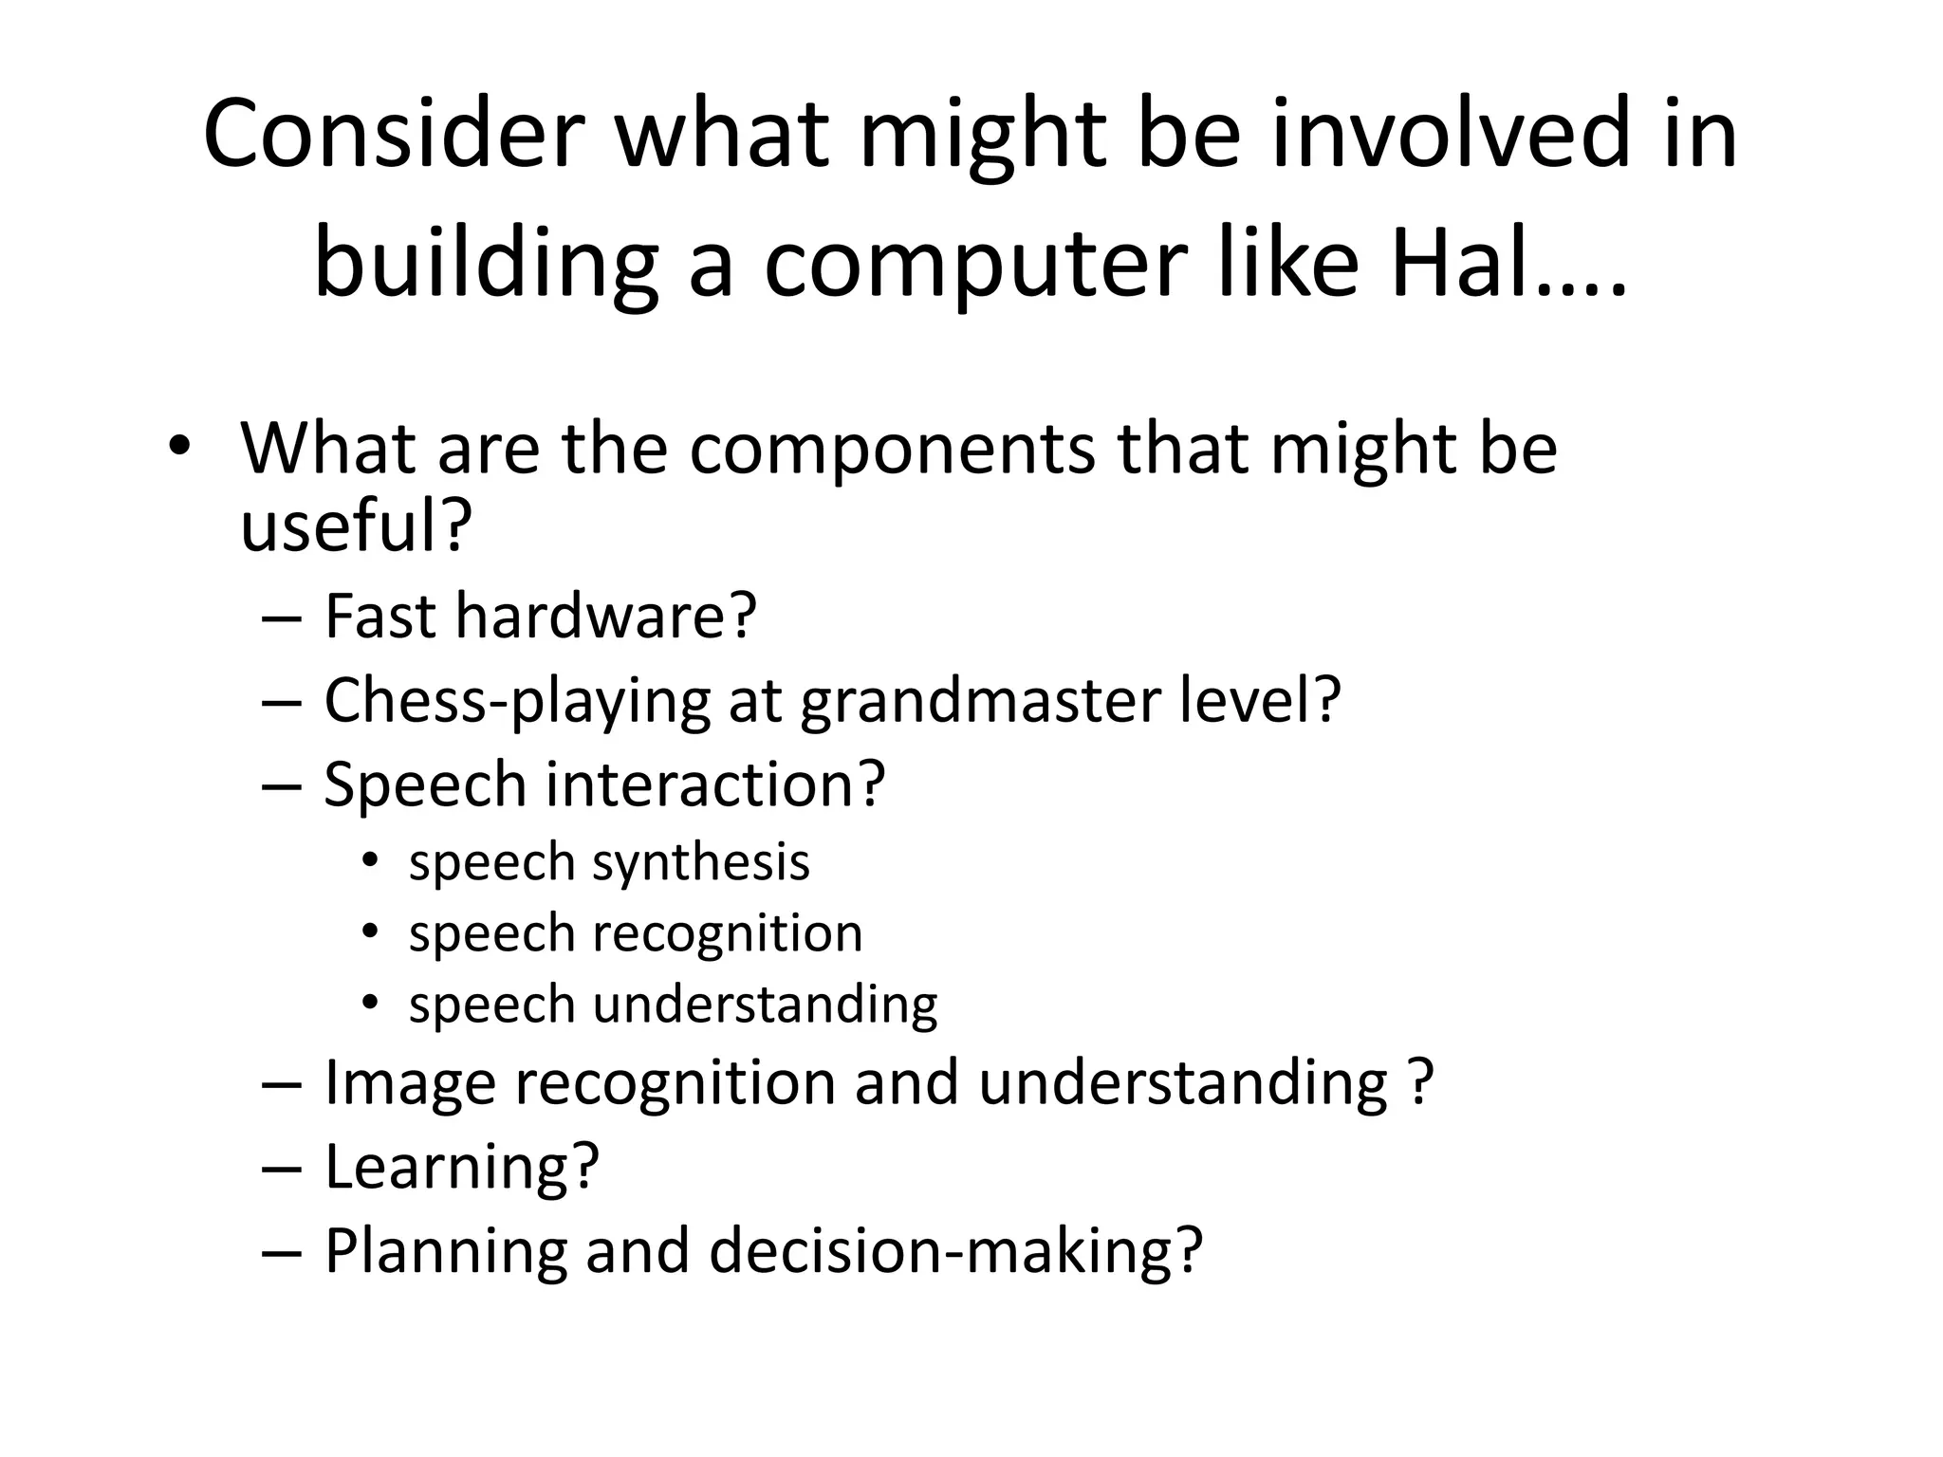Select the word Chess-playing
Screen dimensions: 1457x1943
click(517, 701)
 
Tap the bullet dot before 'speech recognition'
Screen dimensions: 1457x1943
click(370, 931)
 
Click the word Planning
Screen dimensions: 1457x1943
click(446, 1251)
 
